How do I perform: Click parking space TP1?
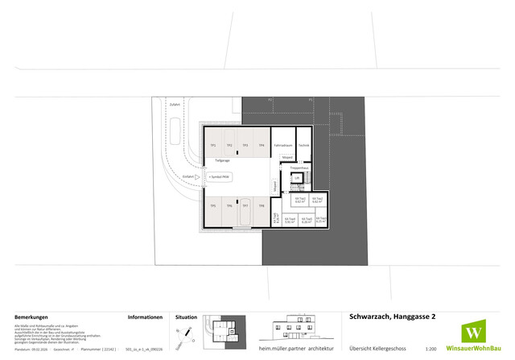pos(213,145)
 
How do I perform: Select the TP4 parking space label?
pos(262,145)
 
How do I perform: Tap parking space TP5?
pos(213,206)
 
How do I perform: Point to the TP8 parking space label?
pos(262,206)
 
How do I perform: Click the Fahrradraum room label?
pos(282,145)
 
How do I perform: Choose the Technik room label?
pos(303,145)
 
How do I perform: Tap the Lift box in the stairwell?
pos(296,177)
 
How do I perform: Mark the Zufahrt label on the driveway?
pos(175,105)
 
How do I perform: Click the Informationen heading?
pos(146,317)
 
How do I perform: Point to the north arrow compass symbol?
pos(186,332)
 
